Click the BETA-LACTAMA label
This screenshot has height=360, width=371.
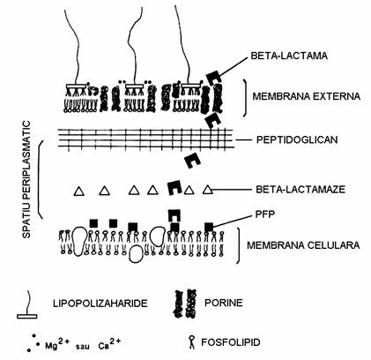(x=289, y=56)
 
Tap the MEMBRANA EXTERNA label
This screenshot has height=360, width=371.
(x=307, y=96)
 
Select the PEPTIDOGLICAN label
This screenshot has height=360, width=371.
(x=297, y=139)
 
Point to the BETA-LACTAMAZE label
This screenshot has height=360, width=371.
(x=301, y=189)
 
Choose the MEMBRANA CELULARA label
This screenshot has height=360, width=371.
(x=303, y=245)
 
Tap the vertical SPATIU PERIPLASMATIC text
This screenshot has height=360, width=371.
(x=26, y=179)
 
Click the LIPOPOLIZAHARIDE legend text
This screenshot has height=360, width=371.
(x=100, y=304)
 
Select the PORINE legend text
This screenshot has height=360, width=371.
(x=224, y=303)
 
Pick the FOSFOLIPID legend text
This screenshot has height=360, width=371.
(x=231, y=342)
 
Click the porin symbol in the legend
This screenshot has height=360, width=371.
(x=185, y=304)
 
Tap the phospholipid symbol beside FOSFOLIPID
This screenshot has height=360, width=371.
(x=192, y=342)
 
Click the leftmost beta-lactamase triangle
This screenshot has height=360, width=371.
(x=79, y=191)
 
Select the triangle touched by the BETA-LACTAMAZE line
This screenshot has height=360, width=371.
(x=208, y=189)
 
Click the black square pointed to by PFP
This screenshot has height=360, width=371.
(x=209, y=227)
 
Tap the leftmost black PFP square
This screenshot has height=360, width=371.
(x=93, y=223)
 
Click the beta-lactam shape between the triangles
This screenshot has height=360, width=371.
(x=174, y=188)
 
